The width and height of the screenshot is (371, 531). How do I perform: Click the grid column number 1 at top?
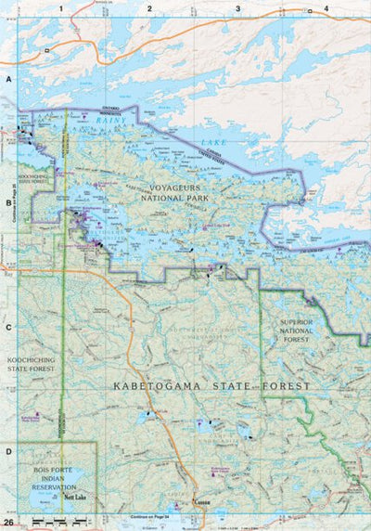coord(60,8)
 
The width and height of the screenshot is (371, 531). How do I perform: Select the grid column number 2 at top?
coord(148,8)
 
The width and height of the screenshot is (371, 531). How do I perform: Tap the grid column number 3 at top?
coord(237,8)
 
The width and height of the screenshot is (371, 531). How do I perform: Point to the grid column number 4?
coord(326,8)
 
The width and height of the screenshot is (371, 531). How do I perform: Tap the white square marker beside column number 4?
coord(310,11)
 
